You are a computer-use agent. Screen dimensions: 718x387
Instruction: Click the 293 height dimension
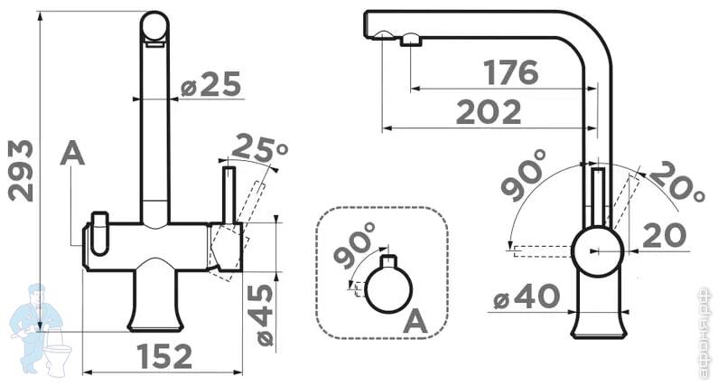click(x=22, y=171)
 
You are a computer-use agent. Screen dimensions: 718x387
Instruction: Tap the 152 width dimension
click(x=164, y=356)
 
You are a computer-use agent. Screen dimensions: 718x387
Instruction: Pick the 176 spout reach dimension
click(x=511, y=72)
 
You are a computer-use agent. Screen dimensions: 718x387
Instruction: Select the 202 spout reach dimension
click(x=489, y=112)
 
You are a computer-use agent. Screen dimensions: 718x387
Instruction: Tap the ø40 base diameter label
click(x=527, y=297)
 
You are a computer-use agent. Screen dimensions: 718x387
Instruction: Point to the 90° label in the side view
click(x=524, y=175)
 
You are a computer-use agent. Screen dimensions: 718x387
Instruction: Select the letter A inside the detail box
click(x=415, y=321)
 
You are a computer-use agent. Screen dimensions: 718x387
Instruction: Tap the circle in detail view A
click(x=388, y=289)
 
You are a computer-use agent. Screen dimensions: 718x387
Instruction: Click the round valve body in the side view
click(x=598, y=251)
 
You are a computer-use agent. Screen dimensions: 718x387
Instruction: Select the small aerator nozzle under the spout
click(x=411, y=41)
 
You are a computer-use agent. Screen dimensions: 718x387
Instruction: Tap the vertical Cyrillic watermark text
click(x=705, y=334)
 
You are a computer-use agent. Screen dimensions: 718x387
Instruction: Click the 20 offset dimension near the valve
click(x=665, y=235)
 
